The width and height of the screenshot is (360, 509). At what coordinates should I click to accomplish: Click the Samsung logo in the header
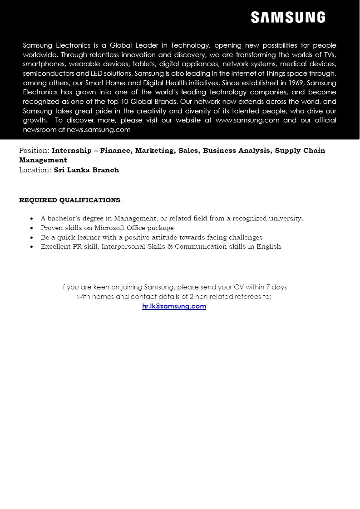[x=288, y=18]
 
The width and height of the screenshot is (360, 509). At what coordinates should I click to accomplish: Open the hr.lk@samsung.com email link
[x=174, y=306]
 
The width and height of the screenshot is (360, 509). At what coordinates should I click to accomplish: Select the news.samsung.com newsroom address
[x=99, y=130]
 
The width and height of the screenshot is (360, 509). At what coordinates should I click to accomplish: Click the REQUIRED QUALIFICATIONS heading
[x=69, y=200]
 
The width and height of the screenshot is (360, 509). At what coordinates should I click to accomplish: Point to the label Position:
[x=34, y=151]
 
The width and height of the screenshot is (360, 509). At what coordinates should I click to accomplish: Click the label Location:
[x=35, y=170]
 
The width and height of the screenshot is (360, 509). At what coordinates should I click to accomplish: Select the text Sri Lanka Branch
[x=86, y=170]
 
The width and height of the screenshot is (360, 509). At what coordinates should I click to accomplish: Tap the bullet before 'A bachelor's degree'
[x=31, y=219]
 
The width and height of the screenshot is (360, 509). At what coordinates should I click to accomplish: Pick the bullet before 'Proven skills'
[x=31, y=228]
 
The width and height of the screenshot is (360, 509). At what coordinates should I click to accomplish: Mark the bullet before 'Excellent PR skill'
[x=31, y=247]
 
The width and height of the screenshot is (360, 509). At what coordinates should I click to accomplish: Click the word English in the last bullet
[x=269, y=246]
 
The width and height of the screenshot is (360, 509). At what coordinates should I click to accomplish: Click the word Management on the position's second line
[x=43, y=160]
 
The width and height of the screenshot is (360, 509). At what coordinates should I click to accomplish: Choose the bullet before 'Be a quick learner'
[x=31, y=238]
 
